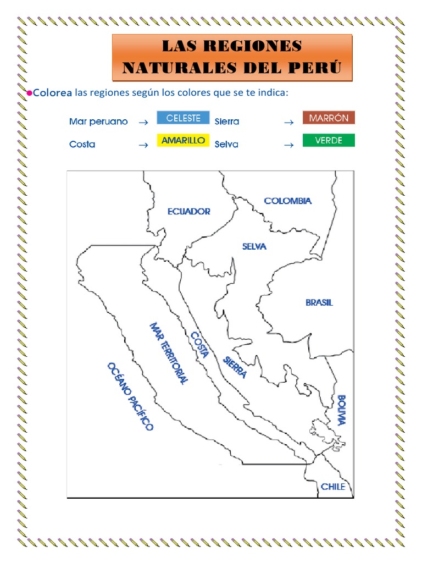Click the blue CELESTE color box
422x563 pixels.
pyautogui.click(x=183, y=118)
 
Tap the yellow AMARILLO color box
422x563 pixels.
pyautogui.click(x=183, y=140)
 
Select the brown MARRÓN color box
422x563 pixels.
pyautogui.click(x=329, y=118)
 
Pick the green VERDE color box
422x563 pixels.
pyautogui.click(x=329, y=140)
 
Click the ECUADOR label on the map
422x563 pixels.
pyautogui.click(x=188, y=211)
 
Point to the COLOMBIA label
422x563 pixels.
pyautogui.click(x=288, y=201)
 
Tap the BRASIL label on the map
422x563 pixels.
pyautogui.click(x=319, y=302)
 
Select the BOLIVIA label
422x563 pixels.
pyautogui.click(x=342, y=410)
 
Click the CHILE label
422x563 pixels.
pyautogui.click(x=333, y=487)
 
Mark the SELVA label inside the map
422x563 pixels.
pyautogui.click(x=254, y=246)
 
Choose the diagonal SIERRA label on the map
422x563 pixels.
pyautogui.click(x=235, y=367)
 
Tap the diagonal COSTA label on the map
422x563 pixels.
pyautogui.click(x=199, y=345)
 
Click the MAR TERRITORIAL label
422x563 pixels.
pyautogui.click(x=169, y=353)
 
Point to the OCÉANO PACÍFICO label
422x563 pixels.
pyautogui.click(x=130, y=396)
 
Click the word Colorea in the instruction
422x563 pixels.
pyautogui.click(x=52, y=93)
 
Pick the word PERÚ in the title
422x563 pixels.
pyautogui.click(x=317, y=68)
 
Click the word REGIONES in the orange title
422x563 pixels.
pyautogui.click(x=261, y=46)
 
